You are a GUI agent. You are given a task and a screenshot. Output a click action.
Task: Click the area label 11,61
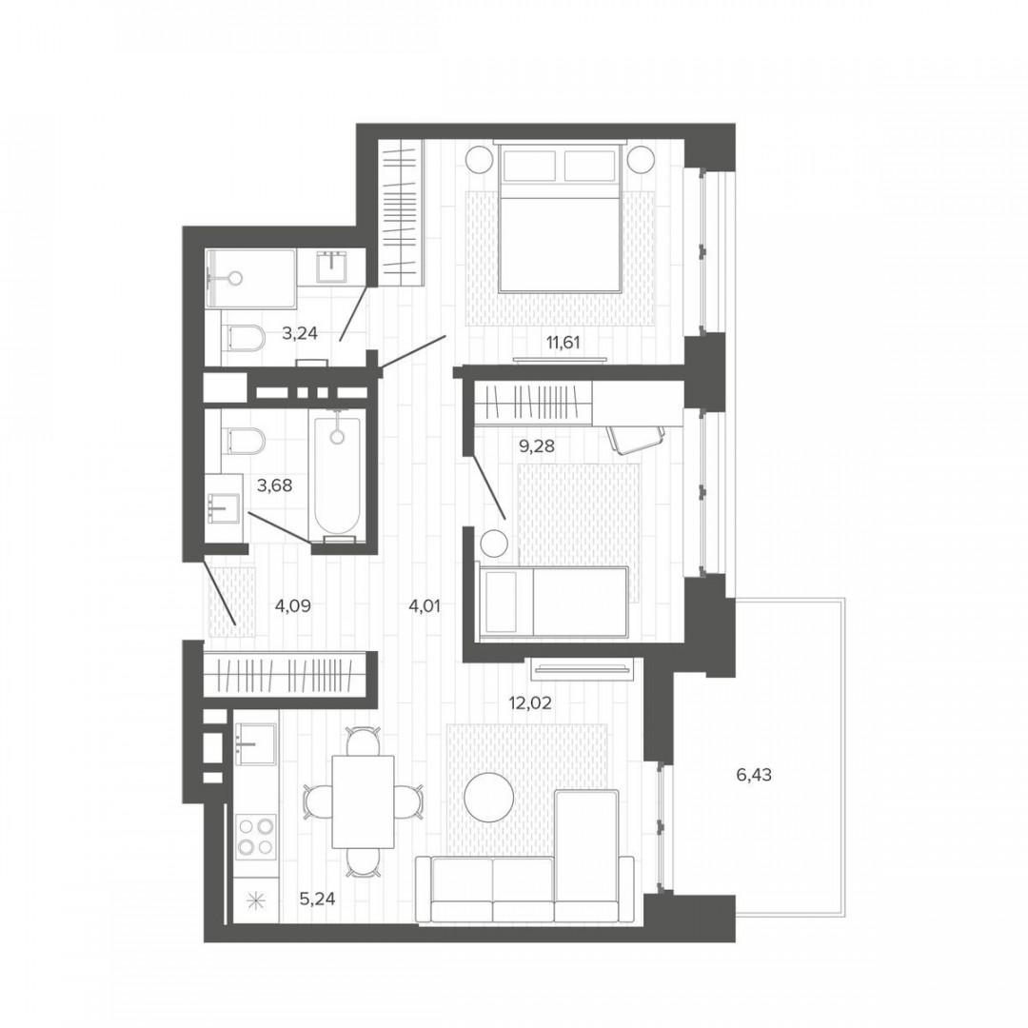pyautogui.click(x=563, y=342)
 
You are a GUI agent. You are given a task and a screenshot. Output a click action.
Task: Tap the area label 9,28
pyautogui.click(x=537, y=446)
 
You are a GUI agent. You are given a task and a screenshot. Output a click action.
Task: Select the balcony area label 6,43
pyautogui.click(x=754, y=775)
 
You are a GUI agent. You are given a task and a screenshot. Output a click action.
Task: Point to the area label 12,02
pyautogui.click(x=530, y=703)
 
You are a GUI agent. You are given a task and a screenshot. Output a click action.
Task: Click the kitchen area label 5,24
pyautogui.click(x=317, y=899)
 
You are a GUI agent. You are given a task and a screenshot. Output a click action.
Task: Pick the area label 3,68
pyautogui.click(x=275, y=485)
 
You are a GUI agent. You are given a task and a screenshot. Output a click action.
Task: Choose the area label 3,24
pyautogui.click(x=300, y=334)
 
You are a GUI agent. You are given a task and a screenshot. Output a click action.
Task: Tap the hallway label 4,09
pyautogui.click(x=292, y=606)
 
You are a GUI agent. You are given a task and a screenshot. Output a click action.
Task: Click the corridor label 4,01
pyautogui.click(x=425, y=606)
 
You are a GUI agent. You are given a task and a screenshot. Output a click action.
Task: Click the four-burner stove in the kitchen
pyautogui.click(x=256, y=836)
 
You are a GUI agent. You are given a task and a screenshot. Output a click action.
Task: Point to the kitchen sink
pyautogui.click(x=255, y=744)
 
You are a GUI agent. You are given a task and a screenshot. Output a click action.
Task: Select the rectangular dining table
pyautogui.click(x=364, y=801)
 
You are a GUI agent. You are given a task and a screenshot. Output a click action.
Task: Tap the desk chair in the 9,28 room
pyautogui.click(x=635, y=437)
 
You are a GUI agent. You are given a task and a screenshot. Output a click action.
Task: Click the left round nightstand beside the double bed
pyautogui.click(x=479, y=159)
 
